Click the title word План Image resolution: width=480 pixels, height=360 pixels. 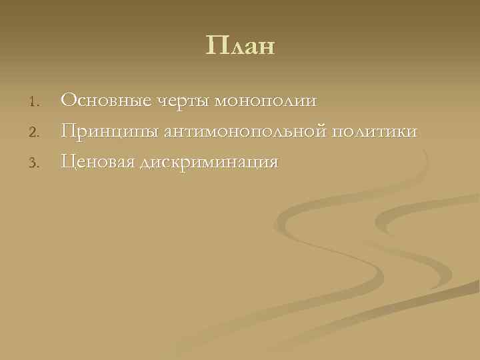pos(240,47)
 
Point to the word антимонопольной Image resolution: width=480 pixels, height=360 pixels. pos(243,132)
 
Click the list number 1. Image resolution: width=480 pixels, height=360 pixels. pos(37,102)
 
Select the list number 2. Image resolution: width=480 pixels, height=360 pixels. pos(37,132)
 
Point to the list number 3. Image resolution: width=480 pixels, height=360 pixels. pos(37,162)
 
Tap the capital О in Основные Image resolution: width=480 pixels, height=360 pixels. pos(68,101)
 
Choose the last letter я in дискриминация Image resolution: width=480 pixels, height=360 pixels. pos(273,163)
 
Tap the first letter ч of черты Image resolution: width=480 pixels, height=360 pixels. pos(162,102)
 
